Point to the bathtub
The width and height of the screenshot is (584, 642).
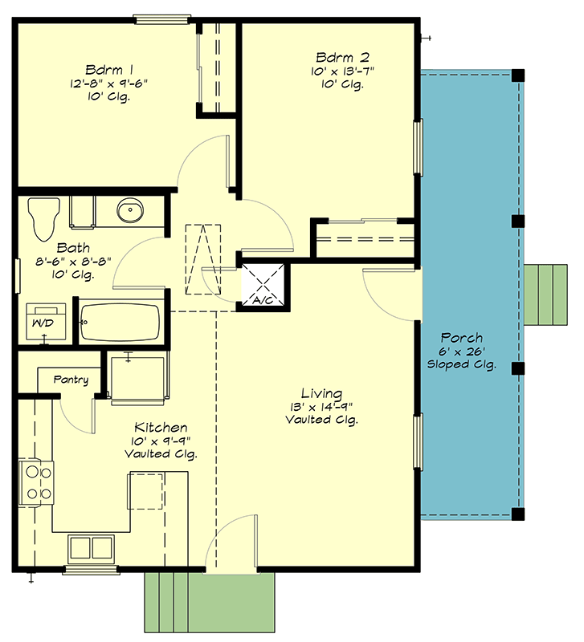click(121, 322)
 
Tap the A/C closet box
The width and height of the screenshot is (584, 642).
click(264, 285)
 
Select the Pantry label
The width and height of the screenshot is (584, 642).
click(71, 380)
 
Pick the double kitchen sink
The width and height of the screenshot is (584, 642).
click(91, 548)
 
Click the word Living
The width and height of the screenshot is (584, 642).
click(321, 394)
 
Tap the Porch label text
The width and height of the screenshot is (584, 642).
click(462, 338)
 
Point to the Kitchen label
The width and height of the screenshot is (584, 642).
click(161, 428)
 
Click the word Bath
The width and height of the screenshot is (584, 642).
click(73, 249)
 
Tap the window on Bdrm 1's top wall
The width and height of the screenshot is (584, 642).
click(161, 18)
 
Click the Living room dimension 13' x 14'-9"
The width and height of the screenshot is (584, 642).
click(321, 407)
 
